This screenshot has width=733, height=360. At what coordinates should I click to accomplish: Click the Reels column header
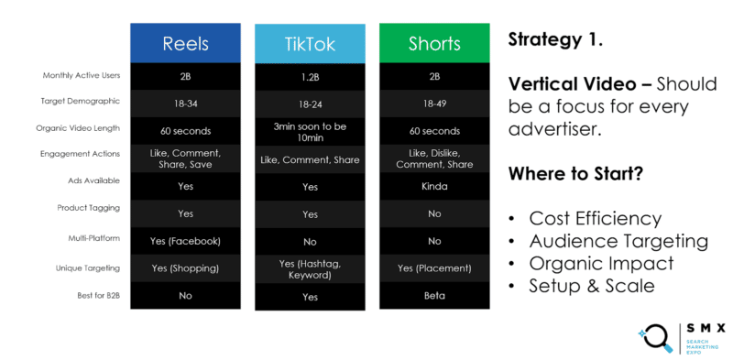pyautogui.click(x=186, y=44)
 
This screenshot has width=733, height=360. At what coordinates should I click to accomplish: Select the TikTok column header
pyautogui.click(x=310, y=44)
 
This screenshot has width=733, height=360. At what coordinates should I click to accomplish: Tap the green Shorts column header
pyautogui.click(x=434, y=44)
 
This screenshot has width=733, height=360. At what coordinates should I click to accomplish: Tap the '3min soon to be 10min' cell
pyautogui.click(x=310, y=131)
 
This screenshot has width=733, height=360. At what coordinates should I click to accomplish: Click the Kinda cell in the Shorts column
pyautogui.click(x=434, y=185)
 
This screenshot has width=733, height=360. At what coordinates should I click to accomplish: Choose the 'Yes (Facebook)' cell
pyautogui.click(x=186, y=242)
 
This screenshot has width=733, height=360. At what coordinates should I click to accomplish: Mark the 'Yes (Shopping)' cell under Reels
pyautogui.click(x=186, y=269)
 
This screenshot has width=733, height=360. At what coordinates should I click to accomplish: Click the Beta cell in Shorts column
pyautogui.click(x=434, y=297)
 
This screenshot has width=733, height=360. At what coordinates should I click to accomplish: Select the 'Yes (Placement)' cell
pyautogui.click(x=434, y=269)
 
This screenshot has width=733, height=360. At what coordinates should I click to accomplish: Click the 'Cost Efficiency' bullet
pyautogui.click(x=595, y=219)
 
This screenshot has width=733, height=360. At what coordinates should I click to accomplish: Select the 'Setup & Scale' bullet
pyautogui.click(x=590, y=286)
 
